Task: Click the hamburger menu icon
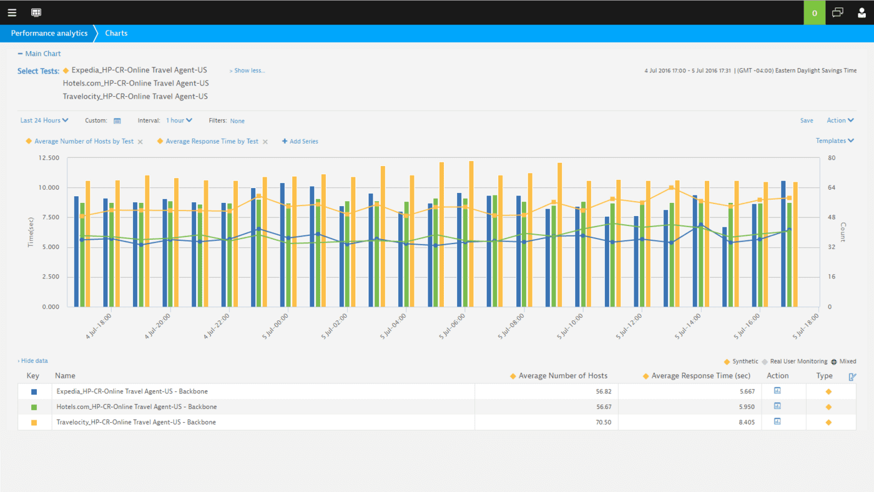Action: (x=12, y=12)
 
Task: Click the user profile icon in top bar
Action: (x=862, y=12)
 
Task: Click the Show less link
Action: (x=247, y=71)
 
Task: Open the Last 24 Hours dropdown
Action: (x=44, y=121)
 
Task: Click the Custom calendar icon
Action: (x=117, y=121)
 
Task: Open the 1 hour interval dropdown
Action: (x=179, y=121)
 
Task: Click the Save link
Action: (x=807, y=121)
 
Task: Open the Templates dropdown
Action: (x=835, y=141)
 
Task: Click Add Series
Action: (x=300, y=142)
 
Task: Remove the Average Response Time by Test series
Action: (x=265, y=142)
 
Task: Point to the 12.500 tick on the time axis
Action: (x=49, y=158)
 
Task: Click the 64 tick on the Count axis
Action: (x=831, y=188)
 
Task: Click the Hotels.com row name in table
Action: (x=136, y=407)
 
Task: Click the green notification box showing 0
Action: (x=814, y=12)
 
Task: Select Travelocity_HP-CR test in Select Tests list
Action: (x=135, y=97)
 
